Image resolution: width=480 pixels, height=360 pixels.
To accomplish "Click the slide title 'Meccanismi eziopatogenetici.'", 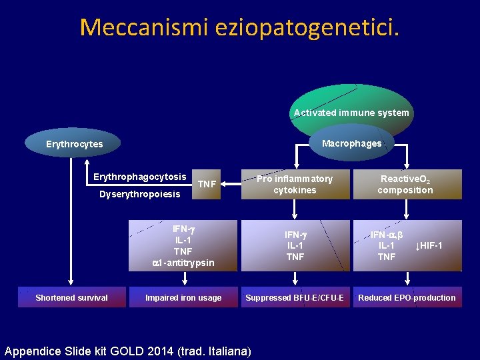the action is click(239, 27).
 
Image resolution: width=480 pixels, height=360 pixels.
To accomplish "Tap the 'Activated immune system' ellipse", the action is click(351, 112).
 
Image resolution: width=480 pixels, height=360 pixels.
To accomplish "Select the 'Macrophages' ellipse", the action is click(351, 143).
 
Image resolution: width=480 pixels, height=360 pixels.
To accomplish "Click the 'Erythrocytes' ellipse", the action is click(74, 144).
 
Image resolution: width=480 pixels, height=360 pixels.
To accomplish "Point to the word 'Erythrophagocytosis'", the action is click(139, 177).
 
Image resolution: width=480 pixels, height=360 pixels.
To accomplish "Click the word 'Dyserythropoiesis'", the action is click(139, 194).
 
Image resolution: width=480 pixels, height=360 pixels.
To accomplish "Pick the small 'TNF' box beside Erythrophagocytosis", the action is click(207, 184).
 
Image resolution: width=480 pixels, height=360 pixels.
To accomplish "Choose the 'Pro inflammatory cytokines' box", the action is click(295, 184).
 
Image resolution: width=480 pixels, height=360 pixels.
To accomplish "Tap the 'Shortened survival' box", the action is click(71, 297).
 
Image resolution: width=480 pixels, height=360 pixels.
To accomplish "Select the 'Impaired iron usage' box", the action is click(183, 297).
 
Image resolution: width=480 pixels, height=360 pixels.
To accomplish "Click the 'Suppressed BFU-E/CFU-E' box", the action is click(295, 297).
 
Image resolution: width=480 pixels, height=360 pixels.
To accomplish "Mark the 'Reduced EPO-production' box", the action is click(407, 297).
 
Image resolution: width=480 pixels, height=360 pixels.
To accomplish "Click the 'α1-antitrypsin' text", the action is click(183, 263).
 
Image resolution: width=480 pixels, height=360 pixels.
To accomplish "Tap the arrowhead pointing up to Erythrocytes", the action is click(87, 162).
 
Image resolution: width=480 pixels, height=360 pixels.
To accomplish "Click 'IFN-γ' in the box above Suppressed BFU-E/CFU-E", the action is click(295, 235).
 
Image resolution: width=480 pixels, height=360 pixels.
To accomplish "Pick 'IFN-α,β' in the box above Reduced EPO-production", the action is click(386, 235).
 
